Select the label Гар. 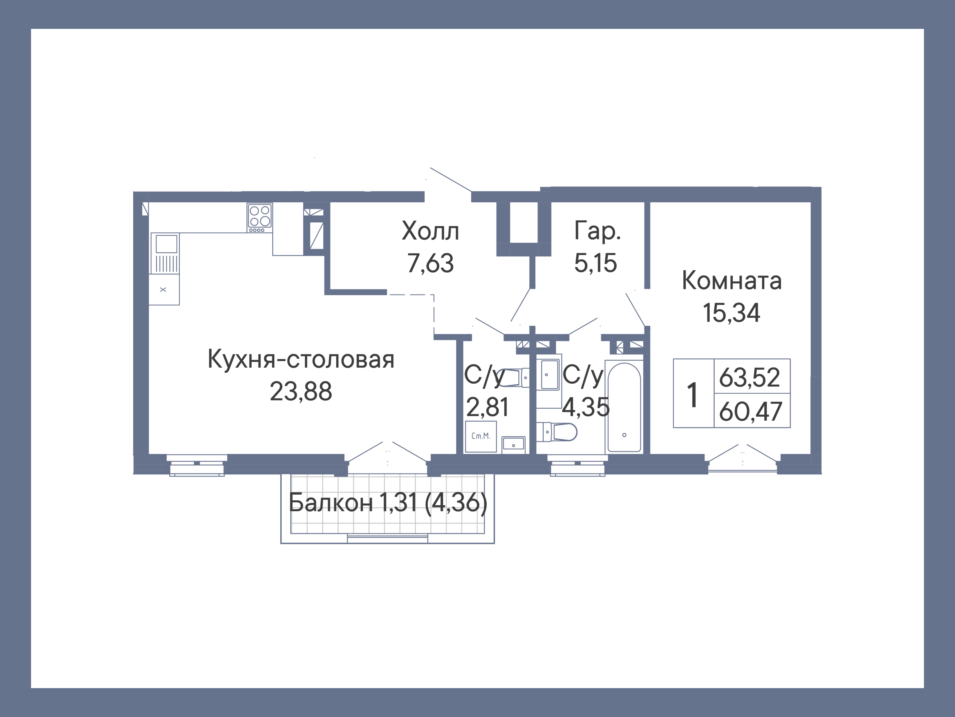click(x=597, y=231)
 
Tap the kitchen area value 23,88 click(x=301, y=392)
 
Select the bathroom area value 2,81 click(x=487, y=407)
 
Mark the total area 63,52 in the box click(x=750, y=377)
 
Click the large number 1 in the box click(x=692, y=395)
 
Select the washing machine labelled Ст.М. click(x=481, y=437)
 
